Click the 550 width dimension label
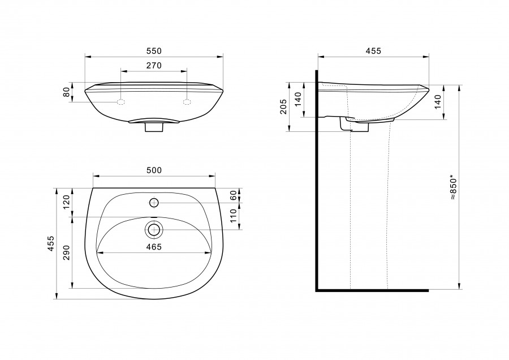154,51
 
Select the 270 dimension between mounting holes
154,66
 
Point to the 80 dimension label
66,92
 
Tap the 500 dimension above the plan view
154,170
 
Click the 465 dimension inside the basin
154,247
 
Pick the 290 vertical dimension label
66,252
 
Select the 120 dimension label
66,202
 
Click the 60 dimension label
233,195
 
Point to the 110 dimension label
233,216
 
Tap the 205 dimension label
283,106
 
